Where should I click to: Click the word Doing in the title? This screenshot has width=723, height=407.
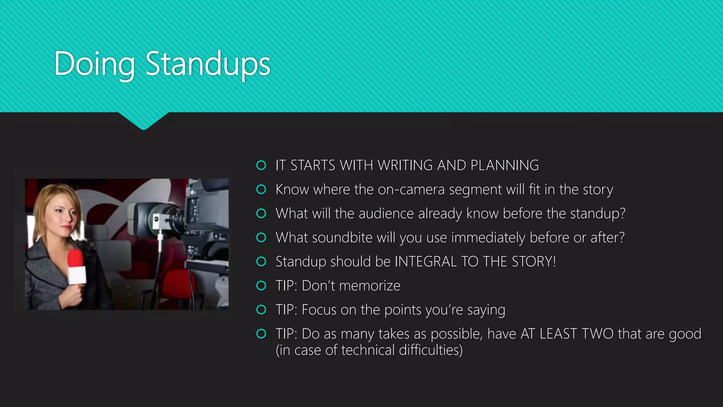pos(95,64)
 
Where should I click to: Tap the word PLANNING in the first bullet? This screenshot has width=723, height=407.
pos(504,165)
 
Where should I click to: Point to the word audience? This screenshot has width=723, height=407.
pos(386,214)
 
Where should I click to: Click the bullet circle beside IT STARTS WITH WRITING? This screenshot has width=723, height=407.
pos(261,165)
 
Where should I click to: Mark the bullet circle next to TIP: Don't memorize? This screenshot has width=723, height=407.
pos(261,285)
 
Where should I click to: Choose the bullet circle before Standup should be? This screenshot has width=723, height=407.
pos(261,261)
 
